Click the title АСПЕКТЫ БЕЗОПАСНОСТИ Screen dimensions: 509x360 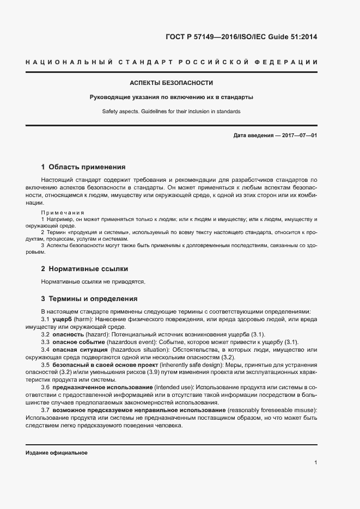coord(171,83)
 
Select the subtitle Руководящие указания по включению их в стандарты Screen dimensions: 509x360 coord(171,97)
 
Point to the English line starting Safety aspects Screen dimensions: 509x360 coord(171,112)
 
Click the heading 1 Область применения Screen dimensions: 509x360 coord(83,167)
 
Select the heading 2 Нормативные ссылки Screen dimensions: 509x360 coord(84,269)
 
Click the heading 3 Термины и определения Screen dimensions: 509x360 coord(89,299)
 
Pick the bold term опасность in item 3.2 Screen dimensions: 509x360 coord(69,334)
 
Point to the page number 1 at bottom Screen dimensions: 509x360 coord(316,463)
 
